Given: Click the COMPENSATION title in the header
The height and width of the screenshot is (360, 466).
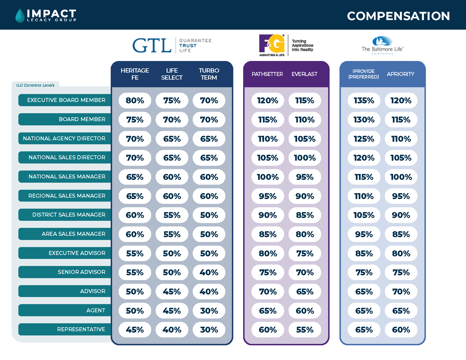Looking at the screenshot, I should pyautogui.click(x=398, y=16).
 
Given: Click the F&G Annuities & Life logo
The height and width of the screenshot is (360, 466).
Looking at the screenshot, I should pyautogui.click(x=286, y=45).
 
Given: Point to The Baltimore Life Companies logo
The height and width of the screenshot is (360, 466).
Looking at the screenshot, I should pyautogui.click(x=382, y=45).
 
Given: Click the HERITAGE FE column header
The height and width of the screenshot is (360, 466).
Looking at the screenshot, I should pyautogui.click(x=135, y=74).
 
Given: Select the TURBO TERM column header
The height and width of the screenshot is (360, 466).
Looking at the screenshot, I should pyautogui.click(x=209, y=74).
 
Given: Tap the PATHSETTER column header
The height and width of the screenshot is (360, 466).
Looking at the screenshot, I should pyautogui.click(x=267, y=74).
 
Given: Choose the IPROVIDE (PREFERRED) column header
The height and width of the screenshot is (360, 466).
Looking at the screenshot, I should pyautogui.click(x=363, y=74).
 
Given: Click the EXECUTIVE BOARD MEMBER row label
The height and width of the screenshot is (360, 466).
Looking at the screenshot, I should pyautogui.click(x=66, y=100).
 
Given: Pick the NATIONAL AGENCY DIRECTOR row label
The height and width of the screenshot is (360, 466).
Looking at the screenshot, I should pyautogui.click(x=64, y=138).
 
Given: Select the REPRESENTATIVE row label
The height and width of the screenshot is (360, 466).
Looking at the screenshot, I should pyautogui.click(x=81, y=330).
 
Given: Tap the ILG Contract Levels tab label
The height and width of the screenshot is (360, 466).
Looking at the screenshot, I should pyautogui.click(x=35, y=85).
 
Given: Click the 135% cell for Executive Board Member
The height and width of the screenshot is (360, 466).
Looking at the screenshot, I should pyautogui.click(x=364, y=101).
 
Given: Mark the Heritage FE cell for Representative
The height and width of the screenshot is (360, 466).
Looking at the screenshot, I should pyautogui.click(x=135, y=330).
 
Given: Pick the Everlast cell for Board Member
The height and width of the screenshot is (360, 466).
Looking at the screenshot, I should pyautogui.click(x=305, y=120).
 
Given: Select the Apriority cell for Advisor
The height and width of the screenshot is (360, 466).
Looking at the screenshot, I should pyautogui.click(x=401, y=292).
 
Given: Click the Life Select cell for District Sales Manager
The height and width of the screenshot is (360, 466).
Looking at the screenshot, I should pyautogui.click(x=172, y=215).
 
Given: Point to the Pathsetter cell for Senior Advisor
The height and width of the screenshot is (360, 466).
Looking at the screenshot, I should pyautogui.click(x=268, y=272).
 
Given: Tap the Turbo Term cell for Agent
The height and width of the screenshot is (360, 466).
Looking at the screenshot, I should pyautogui.click(x=209, y=311).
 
